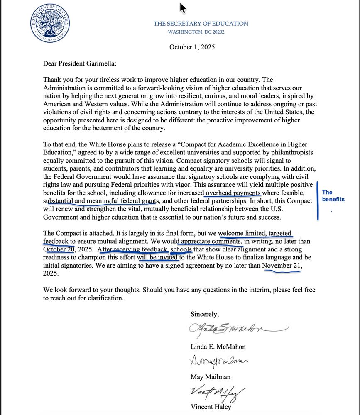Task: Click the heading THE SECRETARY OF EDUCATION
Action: (x=201, y=24)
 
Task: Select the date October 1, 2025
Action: (x=192, y=47)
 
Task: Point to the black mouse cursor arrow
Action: (x=182, y=8)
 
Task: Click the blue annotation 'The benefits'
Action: (x=333, y=195)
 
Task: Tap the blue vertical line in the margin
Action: (x=318, y=200)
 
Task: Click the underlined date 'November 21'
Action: (x=282, y=266)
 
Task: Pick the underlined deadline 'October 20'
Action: (x=59, y=249)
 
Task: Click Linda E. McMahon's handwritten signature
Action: (x=233, y=329)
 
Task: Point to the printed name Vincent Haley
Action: (x=211, y=407)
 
